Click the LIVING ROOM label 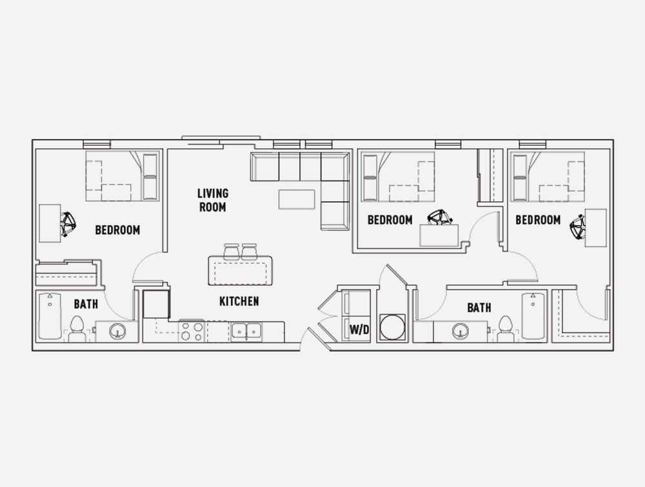pos(212,201)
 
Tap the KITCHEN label pos(239,301)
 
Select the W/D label pos(359,330)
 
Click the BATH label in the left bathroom pos(86,304)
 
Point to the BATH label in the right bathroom pos(479,307)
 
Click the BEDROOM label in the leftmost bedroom pos(117,230)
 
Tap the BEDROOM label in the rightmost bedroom pos(538,220)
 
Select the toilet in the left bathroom pos(77,328)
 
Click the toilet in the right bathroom pos(506,328)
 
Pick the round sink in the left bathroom pos(117,331)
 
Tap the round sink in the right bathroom pos(461,331)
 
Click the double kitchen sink pos(246,331)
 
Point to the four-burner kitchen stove pos(192,332)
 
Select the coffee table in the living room pos(297,199)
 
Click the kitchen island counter pos(240,271)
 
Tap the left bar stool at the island pos(231,252)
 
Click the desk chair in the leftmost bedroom pos(68,224)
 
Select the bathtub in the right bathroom pos(533,316)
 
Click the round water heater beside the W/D pos(392,327)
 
